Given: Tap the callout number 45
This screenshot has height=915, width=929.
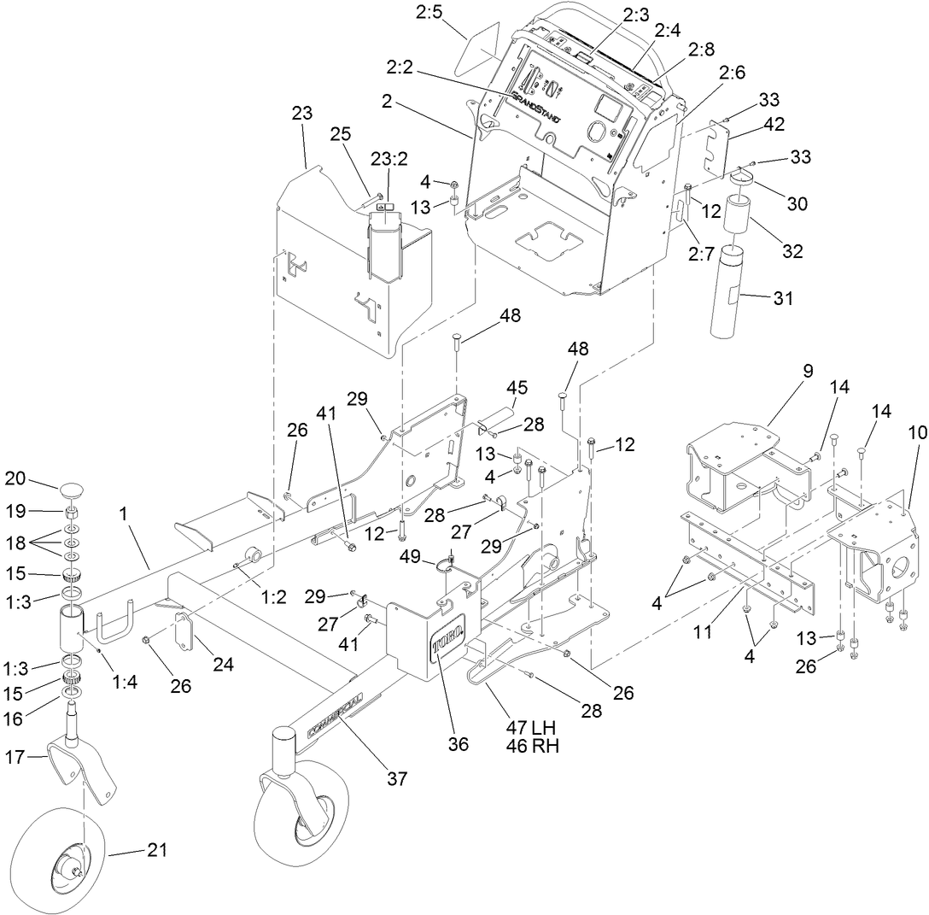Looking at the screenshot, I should click(518, 388).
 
